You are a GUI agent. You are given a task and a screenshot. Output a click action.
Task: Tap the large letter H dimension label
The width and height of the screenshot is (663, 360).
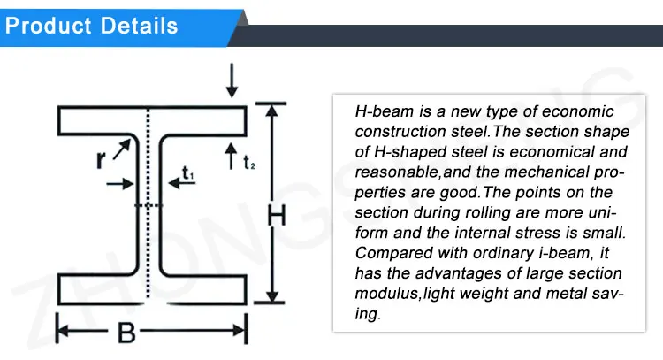click(x=277, y=215)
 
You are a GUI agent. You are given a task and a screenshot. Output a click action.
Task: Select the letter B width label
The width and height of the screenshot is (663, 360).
click(x=126, y=333)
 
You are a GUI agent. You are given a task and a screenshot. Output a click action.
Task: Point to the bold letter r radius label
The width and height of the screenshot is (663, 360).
click(x=101, y=160)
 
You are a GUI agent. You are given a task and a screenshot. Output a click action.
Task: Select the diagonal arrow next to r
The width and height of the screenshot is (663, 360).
click(x=120, y=150)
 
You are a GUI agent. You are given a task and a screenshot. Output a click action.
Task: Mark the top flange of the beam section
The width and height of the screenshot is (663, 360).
click(x=150, y=117)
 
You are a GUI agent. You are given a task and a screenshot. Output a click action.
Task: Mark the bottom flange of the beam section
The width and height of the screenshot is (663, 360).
click(x=150, y=288)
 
